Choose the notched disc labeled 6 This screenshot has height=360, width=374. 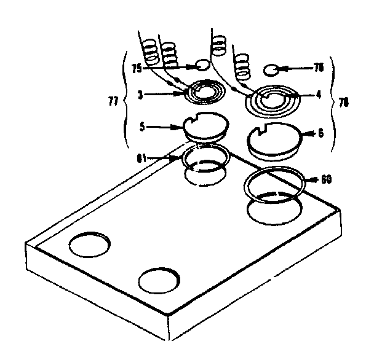pos(274,142)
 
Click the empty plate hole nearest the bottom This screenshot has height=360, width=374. pos(159,281)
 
